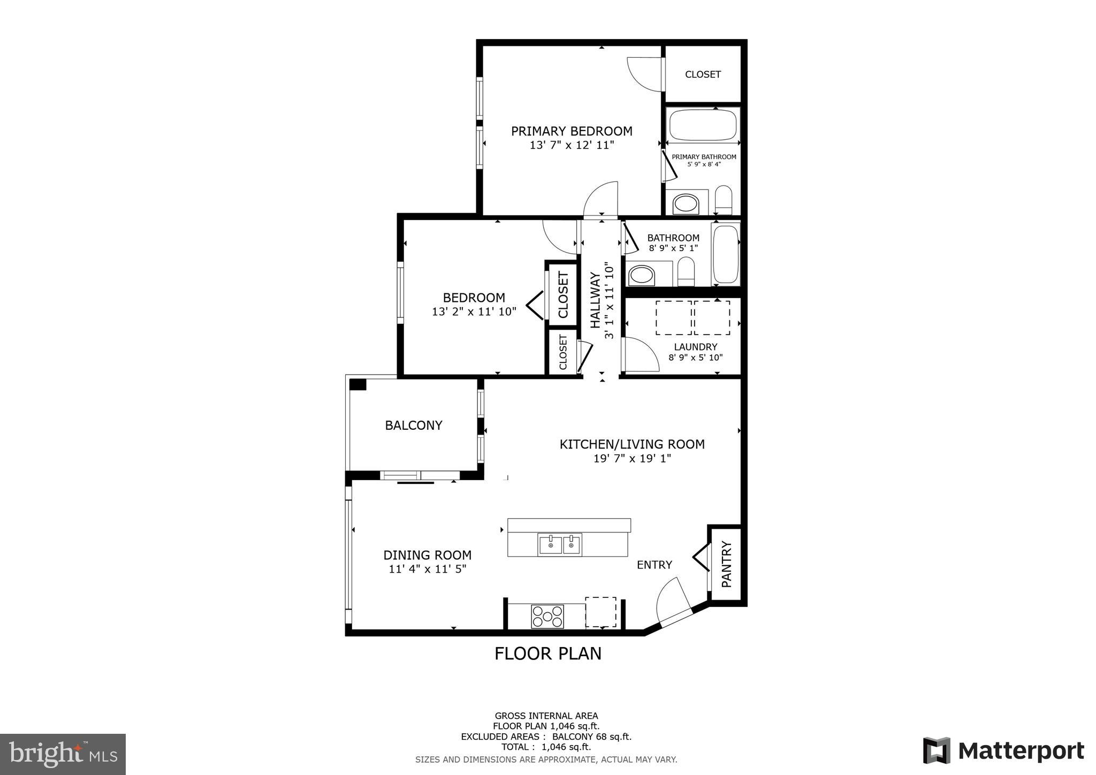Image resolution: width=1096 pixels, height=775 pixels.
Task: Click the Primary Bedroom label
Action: (572, 131)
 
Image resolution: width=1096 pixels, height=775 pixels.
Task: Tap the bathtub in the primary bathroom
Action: (702, 124)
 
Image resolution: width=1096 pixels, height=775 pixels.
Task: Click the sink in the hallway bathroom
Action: (641, 276)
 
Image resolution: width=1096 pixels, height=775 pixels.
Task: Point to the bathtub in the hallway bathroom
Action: (725, 255)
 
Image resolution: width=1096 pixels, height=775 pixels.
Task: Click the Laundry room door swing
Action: (641, 354)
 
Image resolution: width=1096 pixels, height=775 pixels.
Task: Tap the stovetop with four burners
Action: (547, 616)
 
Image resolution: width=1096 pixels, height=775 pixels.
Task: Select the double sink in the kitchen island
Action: (560, 544)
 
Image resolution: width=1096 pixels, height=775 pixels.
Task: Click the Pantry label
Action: (726, 564)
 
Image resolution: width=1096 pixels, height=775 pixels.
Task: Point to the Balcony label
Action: (414, 426)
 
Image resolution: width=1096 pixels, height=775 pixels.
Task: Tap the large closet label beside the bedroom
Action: (563, 294)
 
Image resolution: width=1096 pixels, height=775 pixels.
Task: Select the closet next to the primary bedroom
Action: (703, 74)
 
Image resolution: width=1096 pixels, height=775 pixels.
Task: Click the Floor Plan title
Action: (547, 654)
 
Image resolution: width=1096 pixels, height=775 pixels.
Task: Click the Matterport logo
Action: (1003, 750)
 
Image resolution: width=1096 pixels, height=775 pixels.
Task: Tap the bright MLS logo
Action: (63, 755)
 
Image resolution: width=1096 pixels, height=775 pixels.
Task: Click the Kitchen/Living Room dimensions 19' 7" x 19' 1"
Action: (632, 459)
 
